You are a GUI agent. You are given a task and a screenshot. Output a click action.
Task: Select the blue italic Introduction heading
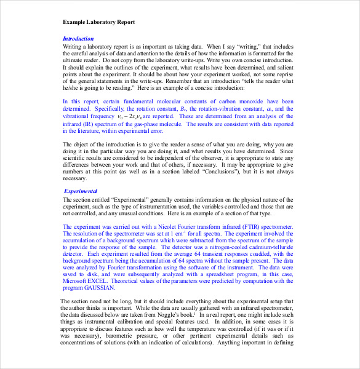78,39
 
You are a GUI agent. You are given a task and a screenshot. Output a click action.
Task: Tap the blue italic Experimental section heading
81,191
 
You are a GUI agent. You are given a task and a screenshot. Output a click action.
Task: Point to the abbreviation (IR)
85,124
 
